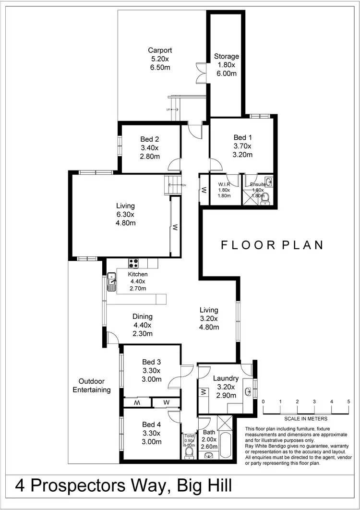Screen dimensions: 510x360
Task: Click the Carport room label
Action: [160, 59]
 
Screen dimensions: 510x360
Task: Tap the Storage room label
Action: [226, 65]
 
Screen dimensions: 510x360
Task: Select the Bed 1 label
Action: [242, 146]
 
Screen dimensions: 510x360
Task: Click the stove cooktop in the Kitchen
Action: [133, 263]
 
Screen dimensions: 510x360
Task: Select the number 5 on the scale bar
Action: [349, 401]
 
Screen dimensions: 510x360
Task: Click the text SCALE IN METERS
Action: [306, 419]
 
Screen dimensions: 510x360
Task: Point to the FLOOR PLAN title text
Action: [272, 245]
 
